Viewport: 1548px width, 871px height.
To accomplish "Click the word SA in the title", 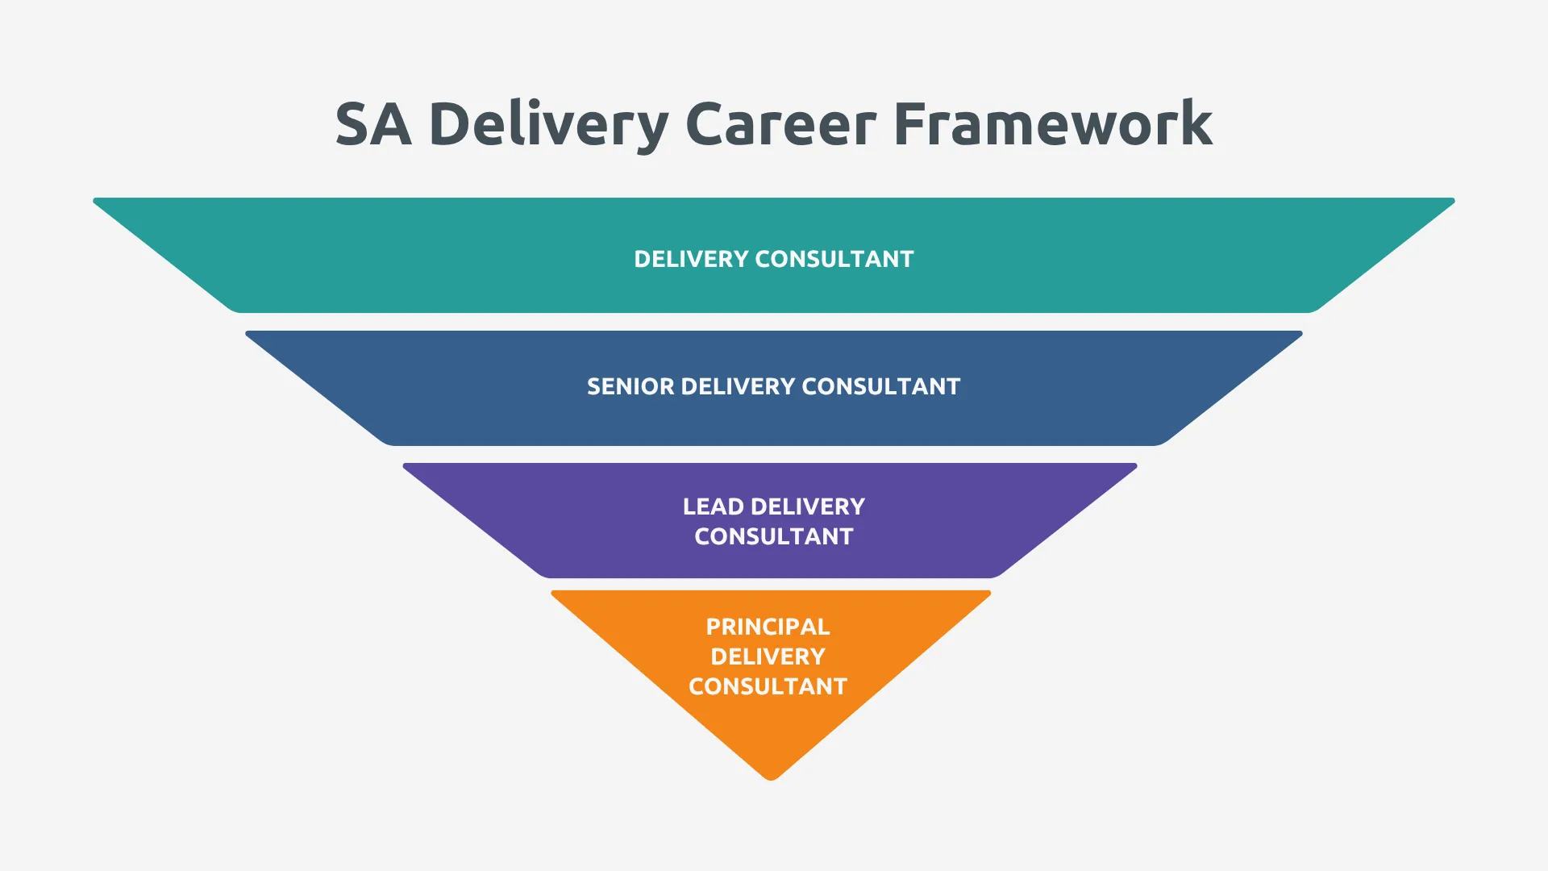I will pos(373,125).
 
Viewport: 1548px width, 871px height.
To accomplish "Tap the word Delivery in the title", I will pos(547,125).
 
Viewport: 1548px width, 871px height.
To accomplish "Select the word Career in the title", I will pos(780,125).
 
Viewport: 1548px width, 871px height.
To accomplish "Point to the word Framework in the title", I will pos(1052,125).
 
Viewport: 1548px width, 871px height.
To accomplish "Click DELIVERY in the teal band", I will pos(691,259).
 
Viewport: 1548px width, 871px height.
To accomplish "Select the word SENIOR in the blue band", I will pos(630,387).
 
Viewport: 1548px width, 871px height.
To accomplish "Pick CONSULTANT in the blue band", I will pos(880,387).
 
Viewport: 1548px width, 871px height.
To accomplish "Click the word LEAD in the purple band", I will pos(714,506).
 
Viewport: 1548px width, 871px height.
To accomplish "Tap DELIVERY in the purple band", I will pos(808,506).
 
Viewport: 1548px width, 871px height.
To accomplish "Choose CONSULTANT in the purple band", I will pos(774,536).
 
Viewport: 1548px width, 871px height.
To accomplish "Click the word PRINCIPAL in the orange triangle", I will pos(768,627).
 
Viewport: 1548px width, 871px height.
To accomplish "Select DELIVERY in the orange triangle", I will pos(768,656).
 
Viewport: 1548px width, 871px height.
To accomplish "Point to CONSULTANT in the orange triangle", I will pos(768,686).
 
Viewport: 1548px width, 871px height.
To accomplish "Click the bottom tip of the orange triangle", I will pos(771,777).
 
